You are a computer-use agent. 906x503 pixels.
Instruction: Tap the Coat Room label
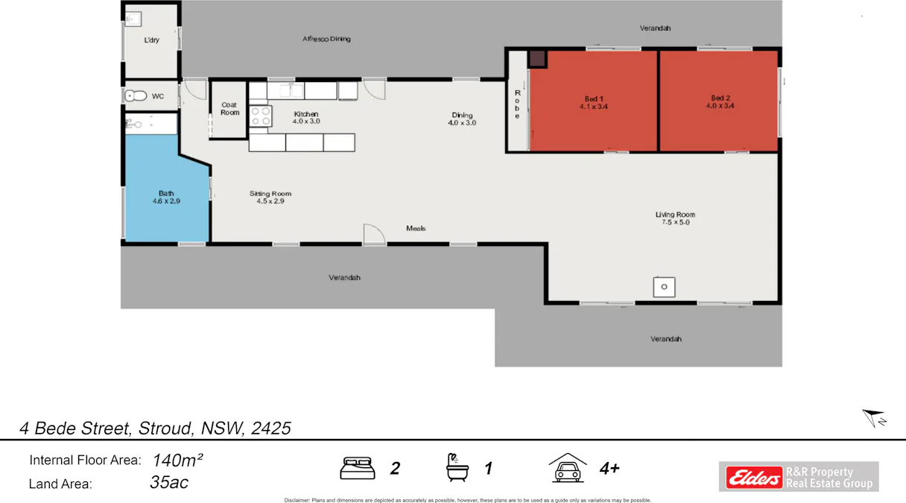tap(229, 109)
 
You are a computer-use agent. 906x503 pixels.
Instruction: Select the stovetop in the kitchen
tap(260, 116)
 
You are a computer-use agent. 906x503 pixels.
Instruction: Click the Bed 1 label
tap(594, 102)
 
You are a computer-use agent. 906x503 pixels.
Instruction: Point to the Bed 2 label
tap(720, 102)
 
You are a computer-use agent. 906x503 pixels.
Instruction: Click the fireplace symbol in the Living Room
tap(665, 286)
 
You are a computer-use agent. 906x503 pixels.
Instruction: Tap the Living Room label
tap(675, 218)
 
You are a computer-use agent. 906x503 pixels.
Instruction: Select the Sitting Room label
tap(270, 197)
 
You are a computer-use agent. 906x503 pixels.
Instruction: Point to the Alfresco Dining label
tap(326, 39)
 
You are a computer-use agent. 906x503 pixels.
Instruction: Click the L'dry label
tap(152, 40)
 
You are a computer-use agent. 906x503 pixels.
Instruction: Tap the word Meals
tap(416, 228)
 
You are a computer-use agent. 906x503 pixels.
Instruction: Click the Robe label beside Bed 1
tap(517, 104)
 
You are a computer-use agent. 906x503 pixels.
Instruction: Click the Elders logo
tap(751, 477)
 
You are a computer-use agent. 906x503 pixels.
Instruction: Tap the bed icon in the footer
tap(358, 468)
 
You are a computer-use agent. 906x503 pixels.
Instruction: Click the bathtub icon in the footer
tap(456, 468)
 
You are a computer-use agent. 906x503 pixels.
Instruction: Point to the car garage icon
tap(568, 468)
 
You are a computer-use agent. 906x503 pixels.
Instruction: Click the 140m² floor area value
tap(178, 460)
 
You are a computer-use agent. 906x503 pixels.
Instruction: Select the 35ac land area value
tap(169, 483)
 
